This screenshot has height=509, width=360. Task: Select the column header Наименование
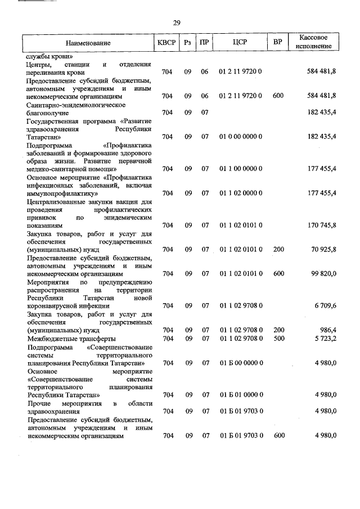point(88,43)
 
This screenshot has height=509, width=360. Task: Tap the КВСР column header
point(166,43)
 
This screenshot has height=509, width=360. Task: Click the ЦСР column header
point(240,43)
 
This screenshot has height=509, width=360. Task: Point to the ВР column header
point(277,43)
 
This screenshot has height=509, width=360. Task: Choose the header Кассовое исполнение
point(313,42)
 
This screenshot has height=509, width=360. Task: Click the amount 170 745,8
point(318,225)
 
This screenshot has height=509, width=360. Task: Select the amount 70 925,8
point(321,249)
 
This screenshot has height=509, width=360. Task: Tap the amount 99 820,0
point(321,273)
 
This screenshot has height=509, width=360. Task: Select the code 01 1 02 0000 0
point(240,193)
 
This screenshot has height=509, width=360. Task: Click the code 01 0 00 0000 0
point(240,137)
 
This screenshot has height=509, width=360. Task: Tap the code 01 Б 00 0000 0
point(240,363)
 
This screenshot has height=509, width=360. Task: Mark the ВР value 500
point(278,339)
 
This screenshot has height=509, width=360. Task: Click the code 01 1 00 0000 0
point(240,169)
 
